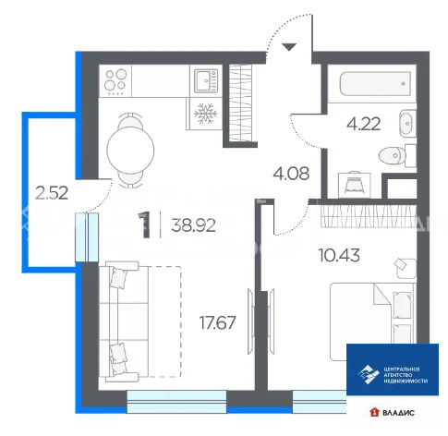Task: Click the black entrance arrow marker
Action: [x=288, y=46]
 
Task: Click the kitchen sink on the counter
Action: [x=205, y=82]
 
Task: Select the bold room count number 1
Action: [x=143, y=224]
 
